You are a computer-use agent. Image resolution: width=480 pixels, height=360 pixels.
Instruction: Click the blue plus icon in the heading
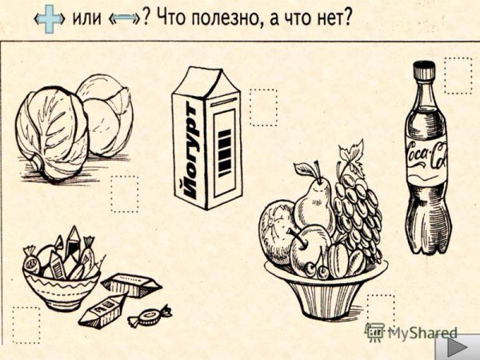50,19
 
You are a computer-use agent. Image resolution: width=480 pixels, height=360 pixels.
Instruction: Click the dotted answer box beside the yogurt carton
262,107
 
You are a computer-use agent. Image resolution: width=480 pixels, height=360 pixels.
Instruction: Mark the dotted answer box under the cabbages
124,194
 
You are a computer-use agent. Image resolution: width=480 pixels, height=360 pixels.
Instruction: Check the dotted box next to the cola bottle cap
458,75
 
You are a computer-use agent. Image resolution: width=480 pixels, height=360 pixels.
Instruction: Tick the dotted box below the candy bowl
26,325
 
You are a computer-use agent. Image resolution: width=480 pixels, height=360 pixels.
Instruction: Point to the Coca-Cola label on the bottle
427,155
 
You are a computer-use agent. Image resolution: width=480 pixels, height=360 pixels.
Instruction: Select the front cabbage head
53,132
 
